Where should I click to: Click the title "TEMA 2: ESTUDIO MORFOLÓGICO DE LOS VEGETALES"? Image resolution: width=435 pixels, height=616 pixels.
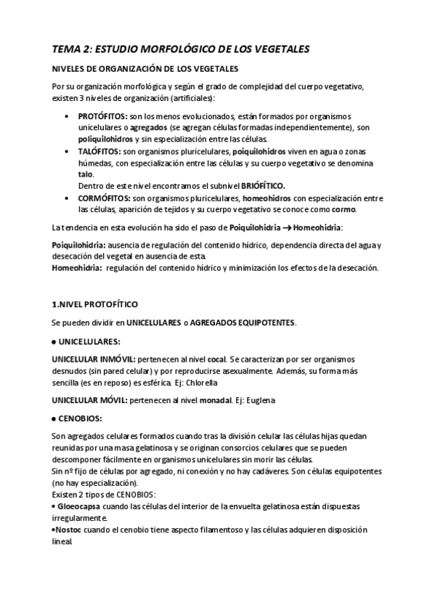pos(181,49)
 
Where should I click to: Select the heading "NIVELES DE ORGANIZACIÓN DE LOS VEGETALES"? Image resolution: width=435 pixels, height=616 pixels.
pos(145,69)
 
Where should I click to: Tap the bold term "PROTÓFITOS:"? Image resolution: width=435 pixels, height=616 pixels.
pos(102,117)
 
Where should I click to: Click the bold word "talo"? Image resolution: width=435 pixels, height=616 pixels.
pos(86,175)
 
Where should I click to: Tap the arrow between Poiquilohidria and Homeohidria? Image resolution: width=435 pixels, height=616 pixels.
pos(292,229)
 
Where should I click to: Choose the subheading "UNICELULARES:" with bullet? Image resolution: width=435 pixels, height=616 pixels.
pos(86,341)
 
